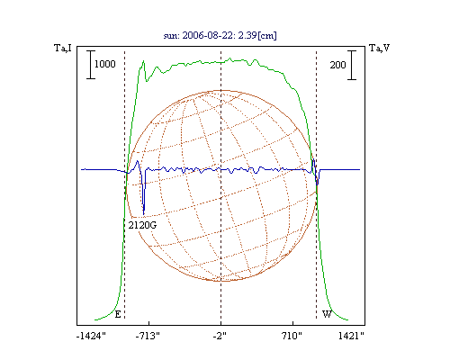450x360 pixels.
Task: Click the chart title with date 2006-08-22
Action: [x=220, y=35]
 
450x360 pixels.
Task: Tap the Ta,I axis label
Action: [x=63, y=48]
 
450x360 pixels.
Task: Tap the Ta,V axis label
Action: [x=380, y=48]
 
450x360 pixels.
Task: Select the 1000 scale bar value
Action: [x=105, y=64]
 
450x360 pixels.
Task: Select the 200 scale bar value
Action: [x=337, y=65]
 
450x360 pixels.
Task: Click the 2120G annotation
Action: [x=142, y=225]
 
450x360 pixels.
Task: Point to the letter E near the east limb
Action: [x=118, y=314]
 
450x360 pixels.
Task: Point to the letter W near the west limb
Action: [x=327, y=314]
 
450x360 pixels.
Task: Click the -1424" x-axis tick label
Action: [x=91, y=336]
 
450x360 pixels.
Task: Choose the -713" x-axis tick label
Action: [x=148, y=336]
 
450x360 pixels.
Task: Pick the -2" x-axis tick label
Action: [x=220, y=336]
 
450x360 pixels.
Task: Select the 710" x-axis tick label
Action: [x=292, y=336]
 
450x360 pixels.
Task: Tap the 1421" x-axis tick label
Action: [x=351, y=336]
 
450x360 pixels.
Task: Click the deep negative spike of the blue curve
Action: [x=144, y=213]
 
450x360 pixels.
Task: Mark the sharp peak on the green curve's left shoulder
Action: [x=143, y=61]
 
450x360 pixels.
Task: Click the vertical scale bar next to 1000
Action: [x=91, y=65]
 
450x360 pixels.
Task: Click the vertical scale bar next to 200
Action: [x=352, y=65]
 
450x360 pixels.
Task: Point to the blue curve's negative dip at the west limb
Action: [x=318, y=184]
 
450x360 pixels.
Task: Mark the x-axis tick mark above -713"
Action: [x=149, y=323]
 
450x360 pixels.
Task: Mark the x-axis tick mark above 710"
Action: [x=292, y=323]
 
